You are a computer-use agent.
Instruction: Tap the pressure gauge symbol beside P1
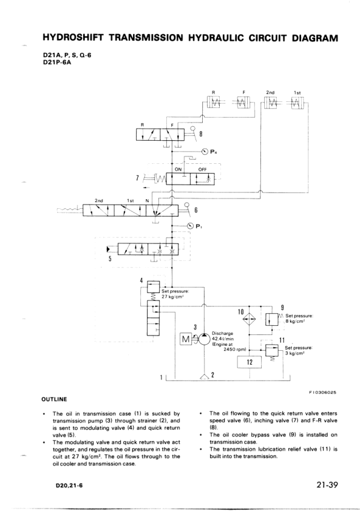click(191, 226)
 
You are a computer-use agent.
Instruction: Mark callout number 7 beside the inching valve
click(139, 178)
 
